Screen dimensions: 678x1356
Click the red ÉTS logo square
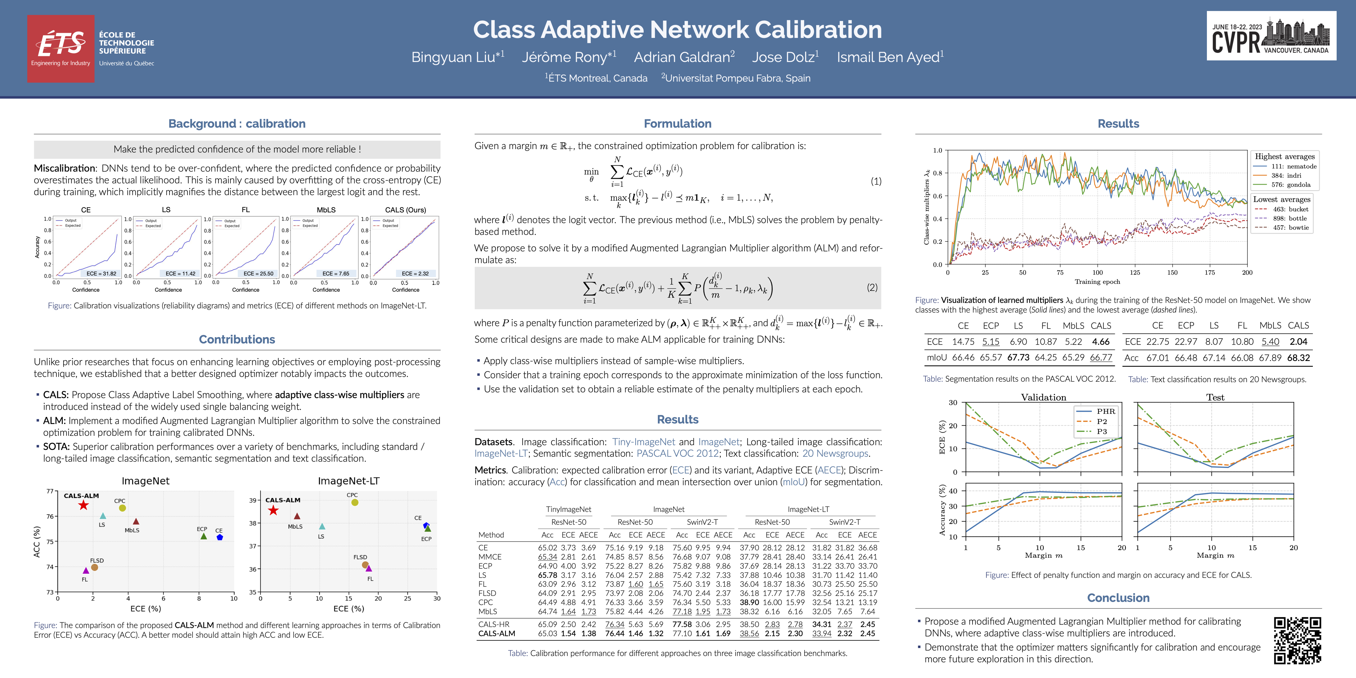click(61, 48)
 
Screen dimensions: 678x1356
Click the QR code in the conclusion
click(1297, 640)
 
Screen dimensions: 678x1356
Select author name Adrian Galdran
click(684, 57)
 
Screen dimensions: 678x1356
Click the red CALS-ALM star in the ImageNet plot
click(83, 505)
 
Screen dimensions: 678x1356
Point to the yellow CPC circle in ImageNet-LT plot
click(355, 503)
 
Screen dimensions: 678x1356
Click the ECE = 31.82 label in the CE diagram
click(101, 274)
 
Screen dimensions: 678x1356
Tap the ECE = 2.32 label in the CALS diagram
click(415, 274)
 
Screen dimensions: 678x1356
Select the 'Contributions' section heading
click(237, 340)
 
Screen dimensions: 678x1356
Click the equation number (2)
click(872, 287)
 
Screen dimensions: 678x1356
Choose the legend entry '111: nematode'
click(1293, 166)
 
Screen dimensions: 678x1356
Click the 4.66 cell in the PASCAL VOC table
click(1101, 342)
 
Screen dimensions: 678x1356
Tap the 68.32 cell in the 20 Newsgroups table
click(1298, 358)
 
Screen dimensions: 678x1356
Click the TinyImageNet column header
click(569, 510)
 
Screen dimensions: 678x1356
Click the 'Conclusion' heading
click(1118, 598)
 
